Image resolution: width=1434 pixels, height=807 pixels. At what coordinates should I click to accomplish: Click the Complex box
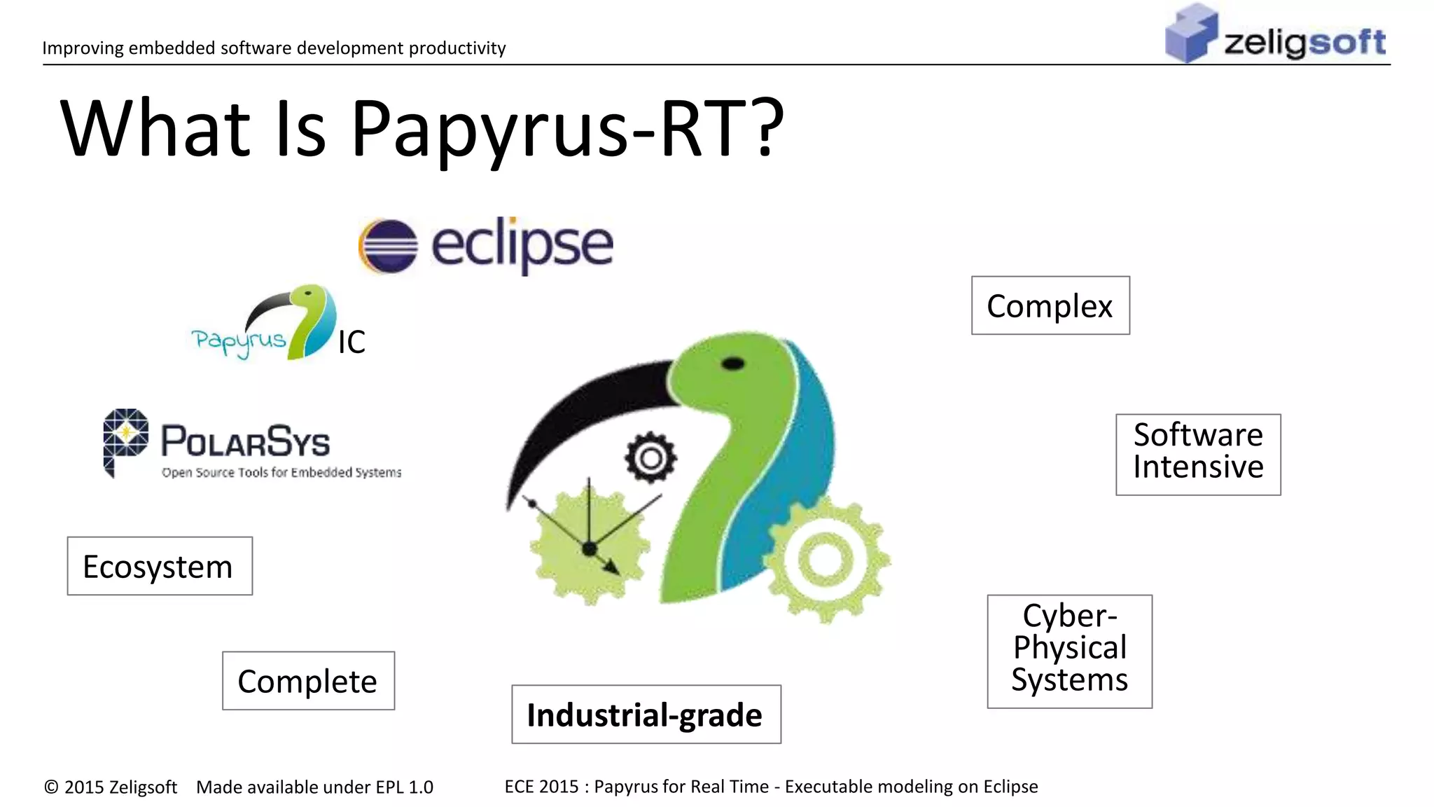click(x=1050, y=305)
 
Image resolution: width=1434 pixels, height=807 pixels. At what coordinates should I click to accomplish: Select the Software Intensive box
click(x=1198, y=455)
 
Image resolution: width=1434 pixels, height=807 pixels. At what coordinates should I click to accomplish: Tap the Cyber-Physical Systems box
click(x=1069, y=651)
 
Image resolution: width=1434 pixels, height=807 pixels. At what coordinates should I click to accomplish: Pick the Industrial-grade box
click(x=646, y=715)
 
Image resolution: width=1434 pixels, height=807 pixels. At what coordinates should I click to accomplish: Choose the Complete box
click(x=308, y=681)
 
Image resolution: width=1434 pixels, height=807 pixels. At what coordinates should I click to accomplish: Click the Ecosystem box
click(x=160, y=566)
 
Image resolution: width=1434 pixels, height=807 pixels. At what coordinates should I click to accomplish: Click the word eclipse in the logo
click(x=522, y=244)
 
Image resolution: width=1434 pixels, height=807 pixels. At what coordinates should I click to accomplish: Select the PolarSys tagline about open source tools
click(x=281, y=473)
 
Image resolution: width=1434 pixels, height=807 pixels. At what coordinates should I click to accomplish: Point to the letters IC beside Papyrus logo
click(x=351, y=343)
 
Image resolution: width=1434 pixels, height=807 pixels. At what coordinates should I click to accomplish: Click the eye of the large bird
click(x=732, y=364)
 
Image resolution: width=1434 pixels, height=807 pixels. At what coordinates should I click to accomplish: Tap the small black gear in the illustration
click(x=650, y=458)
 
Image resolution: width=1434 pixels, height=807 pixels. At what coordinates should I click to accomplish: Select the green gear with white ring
click(x=826, y=560)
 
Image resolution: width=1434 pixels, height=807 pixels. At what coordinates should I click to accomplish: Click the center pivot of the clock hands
click(x=589, y=549)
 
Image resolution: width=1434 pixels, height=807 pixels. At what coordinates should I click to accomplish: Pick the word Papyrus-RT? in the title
click(x=567, y=128)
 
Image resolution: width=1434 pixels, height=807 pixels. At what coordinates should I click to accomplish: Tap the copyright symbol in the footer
click(x=51, y=787)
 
